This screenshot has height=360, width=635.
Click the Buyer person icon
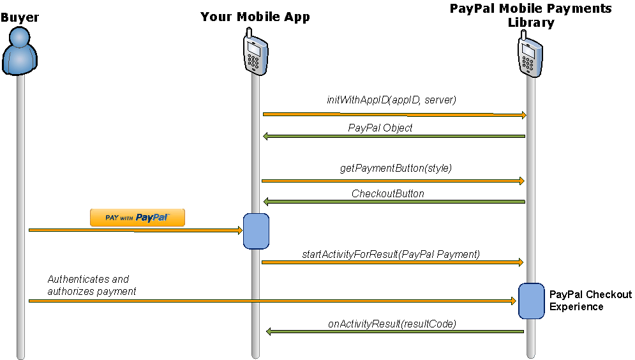[x=19, y=51]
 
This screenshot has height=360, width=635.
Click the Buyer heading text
[x=20, y=17]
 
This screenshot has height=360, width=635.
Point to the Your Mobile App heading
[x=255, y=17]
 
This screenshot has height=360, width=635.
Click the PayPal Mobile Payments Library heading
[x=531, y=15]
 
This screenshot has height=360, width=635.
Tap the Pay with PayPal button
[x=137, y=218]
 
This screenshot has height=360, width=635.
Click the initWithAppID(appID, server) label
[x=392, y=100]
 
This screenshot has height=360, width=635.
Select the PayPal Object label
[x=380, y=128]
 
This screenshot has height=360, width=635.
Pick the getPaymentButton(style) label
[x=396, y=169]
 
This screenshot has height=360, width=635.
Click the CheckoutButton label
[x=388, y=193]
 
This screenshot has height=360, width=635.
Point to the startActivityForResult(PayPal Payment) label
[x=391, y=254]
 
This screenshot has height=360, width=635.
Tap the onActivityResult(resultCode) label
[x=392, y=324]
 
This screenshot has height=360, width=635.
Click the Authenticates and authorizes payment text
[x=91, y=285]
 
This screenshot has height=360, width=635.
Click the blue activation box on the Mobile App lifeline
[x=256, y=230]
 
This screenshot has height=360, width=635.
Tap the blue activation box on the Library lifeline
[x=531, y=301]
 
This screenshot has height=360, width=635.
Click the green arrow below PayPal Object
[x=394, y=136]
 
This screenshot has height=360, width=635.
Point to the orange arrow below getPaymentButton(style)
[x=392, y=181]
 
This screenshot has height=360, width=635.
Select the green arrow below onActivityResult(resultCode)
[x=395, y=332]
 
